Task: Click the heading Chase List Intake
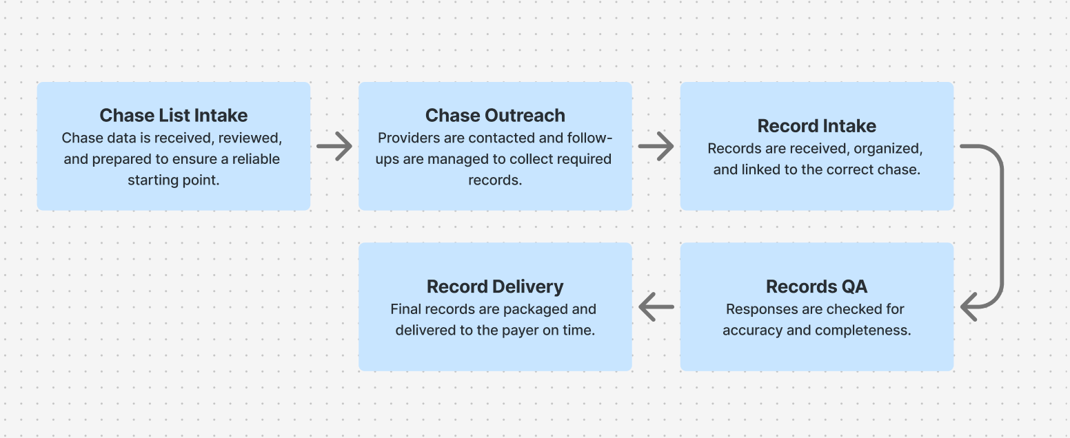[x=174, y=115]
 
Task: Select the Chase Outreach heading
[x=495, y=115]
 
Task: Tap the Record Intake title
[x=817, y=125]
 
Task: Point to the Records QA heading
[x=817, y=286]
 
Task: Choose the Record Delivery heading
[x=495, y=286]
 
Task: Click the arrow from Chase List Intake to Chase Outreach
[x=334, y=146]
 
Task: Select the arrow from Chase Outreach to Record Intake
[x=656, y=146]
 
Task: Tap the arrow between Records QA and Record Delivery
[x=656, y=307]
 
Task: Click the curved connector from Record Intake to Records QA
[x=1000, y=227]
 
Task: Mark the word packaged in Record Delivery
[x=535, y=309]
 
